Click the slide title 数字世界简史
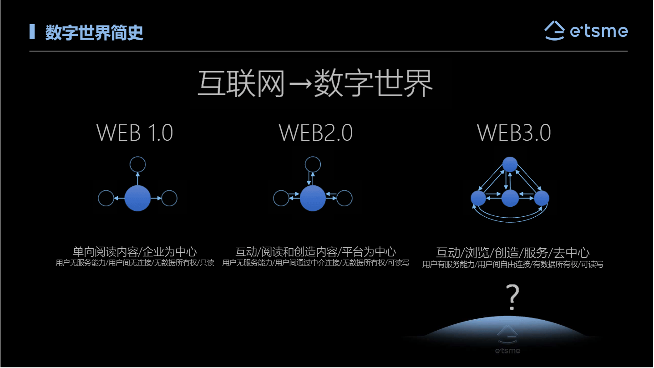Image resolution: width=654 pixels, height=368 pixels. point(94,32)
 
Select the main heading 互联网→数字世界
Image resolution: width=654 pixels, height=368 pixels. point(315,83)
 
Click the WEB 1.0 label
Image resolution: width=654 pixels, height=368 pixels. point(135,133)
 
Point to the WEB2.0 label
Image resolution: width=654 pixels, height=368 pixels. point(315,133)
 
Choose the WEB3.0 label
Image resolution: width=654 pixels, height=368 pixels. point(514,133)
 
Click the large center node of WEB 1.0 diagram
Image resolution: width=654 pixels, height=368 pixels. point(137,198)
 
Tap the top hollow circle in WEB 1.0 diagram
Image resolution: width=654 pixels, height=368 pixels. point(137,164)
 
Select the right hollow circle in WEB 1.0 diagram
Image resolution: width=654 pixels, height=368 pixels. point(169,198)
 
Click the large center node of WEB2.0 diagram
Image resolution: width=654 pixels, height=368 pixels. point(313,198)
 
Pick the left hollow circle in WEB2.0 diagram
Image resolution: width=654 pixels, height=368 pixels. point(281,198)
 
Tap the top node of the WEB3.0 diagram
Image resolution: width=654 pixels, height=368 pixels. point(510,164)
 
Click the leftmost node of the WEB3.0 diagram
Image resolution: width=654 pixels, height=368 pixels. point(478,198)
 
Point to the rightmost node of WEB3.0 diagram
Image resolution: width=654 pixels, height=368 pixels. point(542,198)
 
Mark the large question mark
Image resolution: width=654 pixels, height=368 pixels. point(513,297)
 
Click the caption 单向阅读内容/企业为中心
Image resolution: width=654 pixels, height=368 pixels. point(135,251)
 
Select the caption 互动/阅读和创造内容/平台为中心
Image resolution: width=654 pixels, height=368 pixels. point(315,251)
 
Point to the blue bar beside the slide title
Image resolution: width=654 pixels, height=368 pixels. point(32,31)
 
